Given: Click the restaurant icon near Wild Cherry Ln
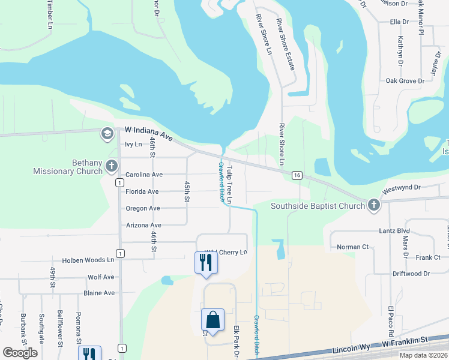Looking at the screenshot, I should (205, 262).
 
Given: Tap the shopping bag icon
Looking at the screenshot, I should (212, 320).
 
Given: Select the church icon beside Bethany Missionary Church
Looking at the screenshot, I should (111, 166).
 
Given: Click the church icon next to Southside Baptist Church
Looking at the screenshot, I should (373, 206).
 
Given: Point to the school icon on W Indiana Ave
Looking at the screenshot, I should (107, 133).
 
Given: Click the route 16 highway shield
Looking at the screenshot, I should (297, 175).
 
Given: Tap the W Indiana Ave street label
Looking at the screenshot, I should (148, 133).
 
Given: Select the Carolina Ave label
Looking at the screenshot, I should (144, 175).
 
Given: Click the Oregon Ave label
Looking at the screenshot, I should (142, 208).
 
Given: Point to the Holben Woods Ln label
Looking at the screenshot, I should (88, 260).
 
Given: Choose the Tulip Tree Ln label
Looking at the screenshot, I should (229, 185).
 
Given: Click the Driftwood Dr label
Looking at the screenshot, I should (411, 274).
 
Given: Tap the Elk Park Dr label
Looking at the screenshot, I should (236, 342).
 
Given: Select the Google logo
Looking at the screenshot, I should (20, 353).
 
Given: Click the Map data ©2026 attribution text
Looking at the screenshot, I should (423, 355).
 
